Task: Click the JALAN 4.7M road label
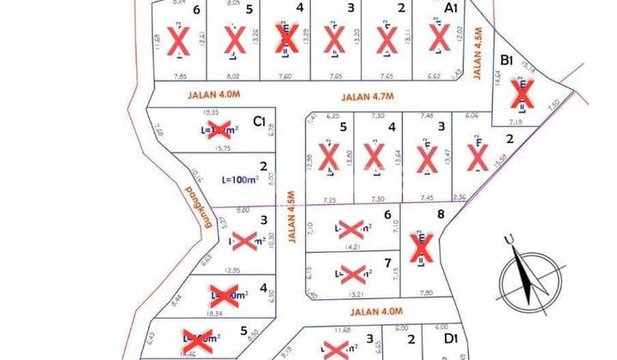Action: tap(368, 97)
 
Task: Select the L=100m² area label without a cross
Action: tap(242, 180)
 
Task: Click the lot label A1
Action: tap(451, 8)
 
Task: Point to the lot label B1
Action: tap(507, 60)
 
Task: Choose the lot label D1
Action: tap(451, 340)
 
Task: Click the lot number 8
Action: tap(441, 215)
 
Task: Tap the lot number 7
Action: tap(388, 262)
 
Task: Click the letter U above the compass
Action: tap(509, 240)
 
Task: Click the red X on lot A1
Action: tap(440, 37)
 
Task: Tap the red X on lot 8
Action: tap(420, 248)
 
